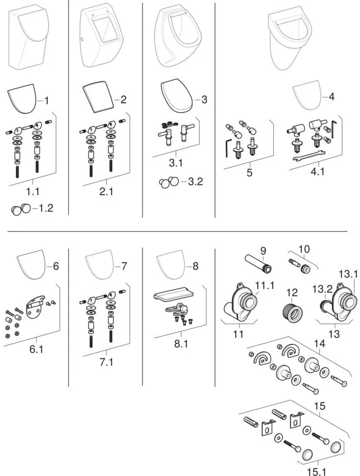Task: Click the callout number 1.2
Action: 46,208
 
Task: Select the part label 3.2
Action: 195,181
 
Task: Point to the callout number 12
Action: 292,292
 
